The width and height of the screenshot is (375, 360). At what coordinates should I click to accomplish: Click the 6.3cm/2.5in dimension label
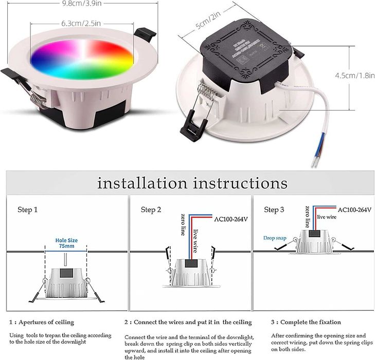[x=80, y=23]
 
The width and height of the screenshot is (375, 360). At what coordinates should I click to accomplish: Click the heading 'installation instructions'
[x=192, y=183]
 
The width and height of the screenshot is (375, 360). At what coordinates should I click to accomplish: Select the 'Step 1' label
[x=28, y=210]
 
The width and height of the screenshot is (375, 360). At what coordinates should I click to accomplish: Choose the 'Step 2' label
[x=151, y=210]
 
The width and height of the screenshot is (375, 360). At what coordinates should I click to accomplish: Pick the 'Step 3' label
[x=274, y=210]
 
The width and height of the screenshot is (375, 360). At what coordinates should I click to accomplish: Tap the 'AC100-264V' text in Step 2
[x=231, y=219]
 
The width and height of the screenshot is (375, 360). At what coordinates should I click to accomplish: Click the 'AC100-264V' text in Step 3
[x=354, y=210]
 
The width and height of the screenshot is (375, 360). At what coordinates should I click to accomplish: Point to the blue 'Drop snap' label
[x=275, y=238]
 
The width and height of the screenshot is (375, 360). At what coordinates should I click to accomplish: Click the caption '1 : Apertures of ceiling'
[x=42, y=322]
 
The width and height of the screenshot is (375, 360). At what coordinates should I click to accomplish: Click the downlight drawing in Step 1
[x=65, y=285]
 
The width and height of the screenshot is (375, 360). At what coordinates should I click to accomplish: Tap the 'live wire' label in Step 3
[x=327, y=218]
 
